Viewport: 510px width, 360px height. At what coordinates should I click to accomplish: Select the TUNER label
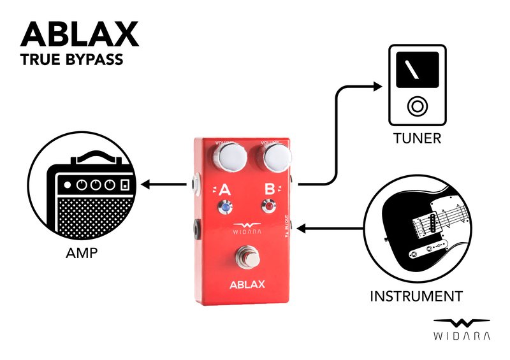click(418, 138)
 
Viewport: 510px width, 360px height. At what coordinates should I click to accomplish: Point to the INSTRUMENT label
click(416, 296)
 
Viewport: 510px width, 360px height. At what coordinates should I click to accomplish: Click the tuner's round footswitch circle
click(418, 106)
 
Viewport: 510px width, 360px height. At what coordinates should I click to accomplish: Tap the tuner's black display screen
click(418, 71)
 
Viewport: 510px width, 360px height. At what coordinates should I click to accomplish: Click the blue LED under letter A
click(224, 207)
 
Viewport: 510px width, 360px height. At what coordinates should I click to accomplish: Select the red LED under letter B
click(270, 206)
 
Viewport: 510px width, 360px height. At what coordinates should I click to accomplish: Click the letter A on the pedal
click(224, 189)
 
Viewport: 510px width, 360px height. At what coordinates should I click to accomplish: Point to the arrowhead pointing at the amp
click(146, 185)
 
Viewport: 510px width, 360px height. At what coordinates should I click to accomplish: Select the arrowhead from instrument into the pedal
click(304, 227)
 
